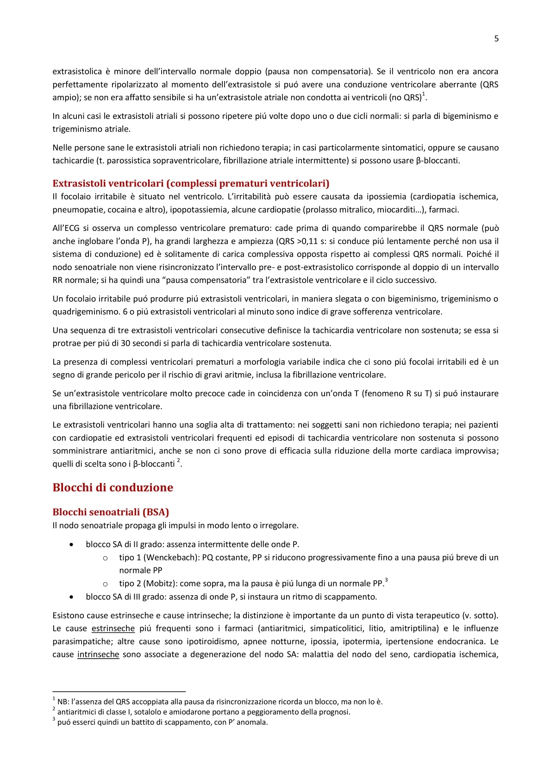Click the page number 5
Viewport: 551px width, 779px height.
point(496,38)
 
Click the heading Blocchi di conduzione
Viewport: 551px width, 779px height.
point(113,487)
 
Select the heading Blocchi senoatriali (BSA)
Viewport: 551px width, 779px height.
point(111,512)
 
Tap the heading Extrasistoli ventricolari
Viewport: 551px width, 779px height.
point(191,183)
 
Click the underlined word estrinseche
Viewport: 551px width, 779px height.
point(113,629)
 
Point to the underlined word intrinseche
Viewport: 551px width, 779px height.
point(98,654)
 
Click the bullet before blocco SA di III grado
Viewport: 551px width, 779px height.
point(71,597)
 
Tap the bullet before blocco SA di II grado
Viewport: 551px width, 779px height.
point(71,545)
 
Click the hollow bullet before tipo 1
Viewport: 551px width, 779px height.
point(105,558)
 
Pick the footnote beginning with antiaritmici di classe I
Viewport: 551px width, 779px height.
point(204,712)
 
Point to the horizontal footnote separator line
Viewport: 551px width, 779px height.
point(119,691)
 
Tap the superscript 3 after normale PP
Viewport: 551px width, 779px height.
point(386,580)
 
